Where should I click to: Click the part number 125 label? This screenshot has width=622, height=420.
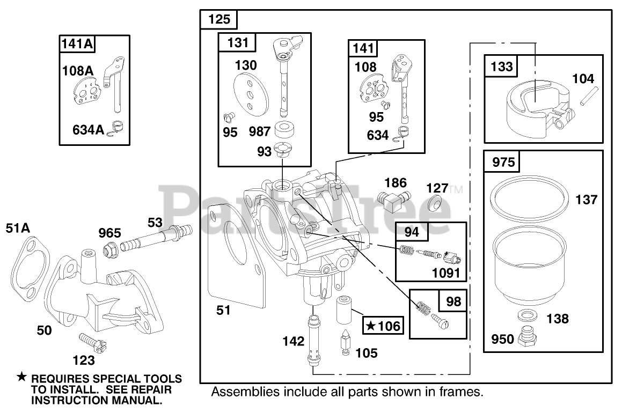(219, 19)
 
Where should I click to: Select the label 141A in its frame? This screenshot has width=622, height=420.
(77, 43)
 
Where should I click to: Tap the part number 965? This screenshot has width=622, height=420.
(109, 233)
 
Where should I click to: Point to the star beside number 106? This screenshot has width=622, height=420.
(370, 326)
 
